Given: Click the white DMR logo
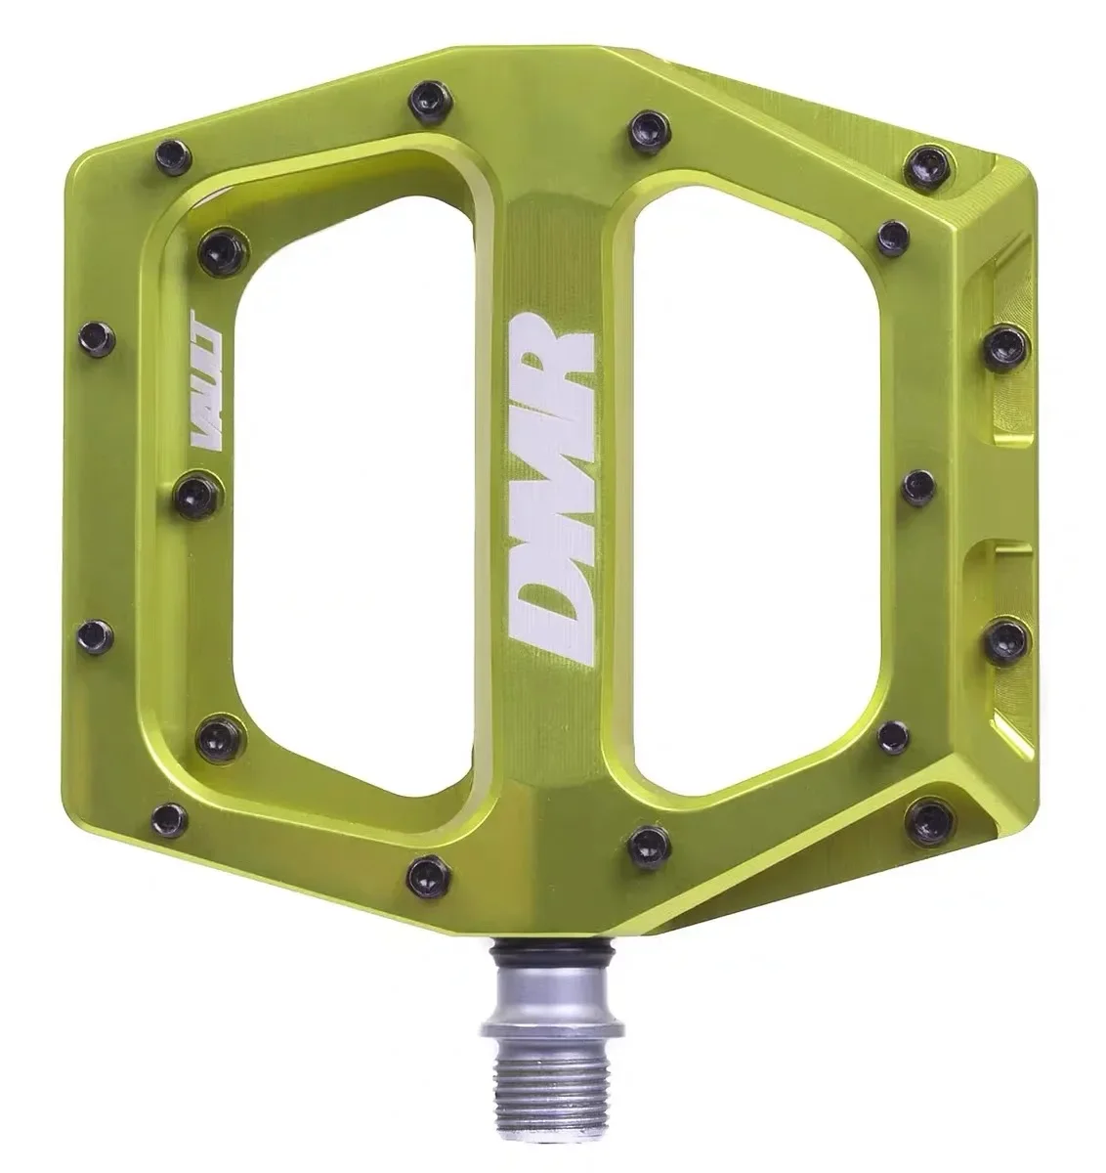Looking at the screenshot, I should coord(553,489).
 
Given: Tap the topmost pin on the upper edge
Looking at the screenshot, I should coord(426,96).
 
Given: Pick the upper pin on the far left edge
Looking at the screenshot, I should coord(97,338).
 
